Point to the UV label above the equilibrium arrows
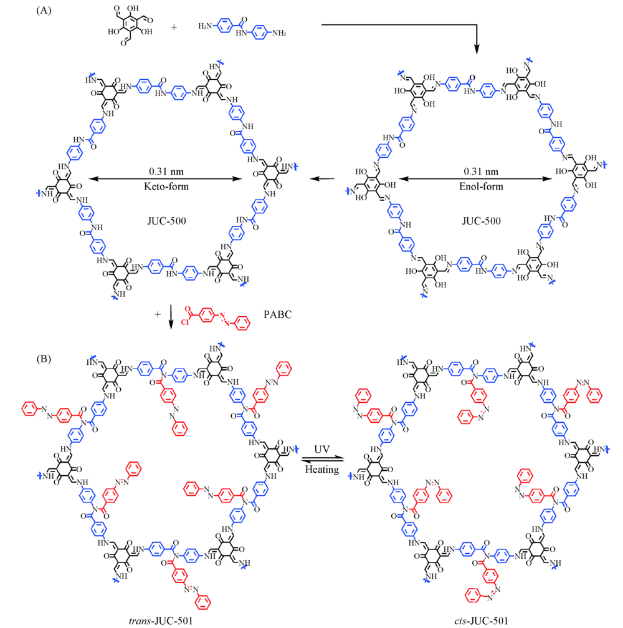click(321, 448)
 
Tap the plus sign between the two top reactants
click(173, 27)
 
